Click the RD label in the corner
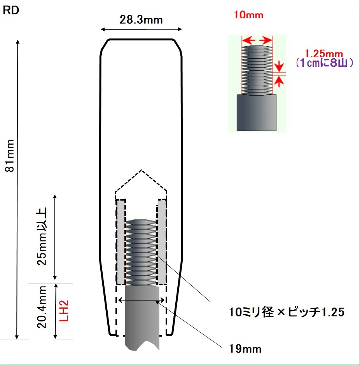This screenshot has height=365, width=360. (x=11, y=10)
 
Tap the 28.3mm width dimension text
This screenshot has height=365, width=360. (x=141, y=20)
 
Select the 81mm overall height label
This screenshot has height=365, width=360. (x=10, y=156)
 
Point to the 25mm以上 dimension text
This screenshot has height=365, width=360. (x=42, y=236)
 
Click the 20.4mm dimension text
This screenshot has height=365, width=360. (x=42, y=307)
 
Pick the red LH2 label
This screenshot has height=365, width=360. (x=64, y=311)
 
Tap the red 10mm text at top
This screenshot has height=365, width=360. (x=248, y=15)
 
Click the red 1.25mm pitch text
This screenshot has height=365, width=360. (x=324, y=54)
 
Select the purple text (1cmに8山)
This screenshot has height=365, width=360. (x=325, y=63)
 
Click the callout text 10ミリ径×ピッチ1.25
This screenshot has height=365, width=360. (x=287, y=312)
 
